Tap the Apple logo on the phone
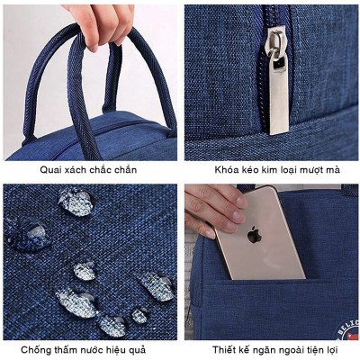pyautogui.click(x=255, y=236)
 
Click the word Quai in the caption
pyautogui.click(x=53, y=168)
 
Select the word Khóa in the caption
pyautogui.click(x=229, y=168)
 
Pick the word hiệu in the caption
pyautogui.click(x=131, y=350)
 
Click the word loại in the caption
pyautogui.click(x=289, y=168)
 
